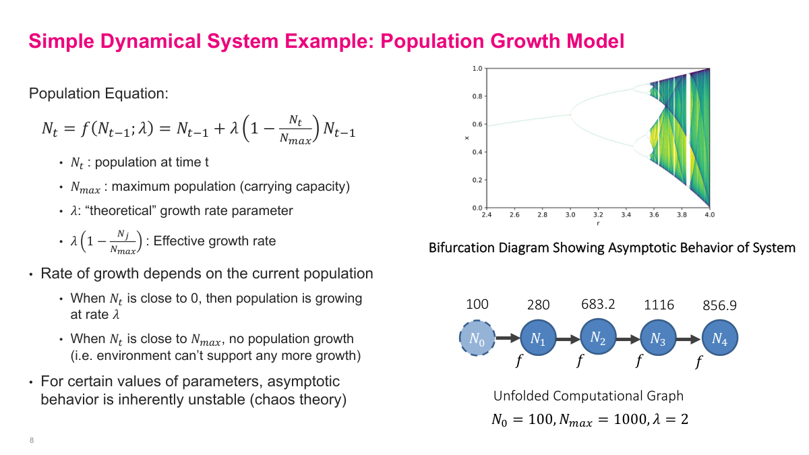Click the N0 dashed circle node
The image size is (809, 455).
[477, 338]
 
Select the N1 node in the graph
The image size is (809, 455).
[538, 338]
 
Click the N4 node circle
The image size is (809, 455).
[719, 338]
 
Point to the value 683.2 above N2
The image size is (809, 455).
[598, 304]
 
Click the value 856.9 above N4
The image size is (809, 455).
[719, 305]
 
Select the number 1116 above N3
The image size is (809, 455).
[659, 305]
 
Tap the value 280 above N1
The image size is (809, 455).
[538, 305]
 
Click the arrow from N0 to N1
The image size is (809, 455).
[508, 338]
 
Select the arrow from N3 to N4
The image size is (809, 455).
[689, 338]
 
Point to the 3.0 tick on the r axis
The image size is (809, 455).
[570, 214]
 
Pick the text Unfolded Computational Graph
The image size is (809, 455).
[588, 396]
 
